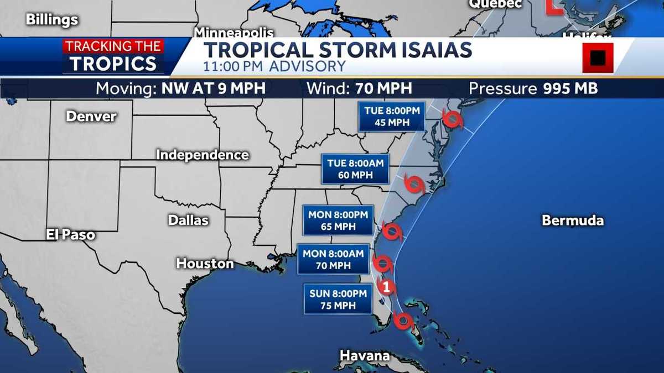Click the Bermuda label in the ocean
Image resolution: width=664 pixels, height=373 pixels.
click(x=573, y=220)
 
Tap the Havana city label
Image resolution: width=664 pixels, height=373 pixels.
click(x=365, y=355)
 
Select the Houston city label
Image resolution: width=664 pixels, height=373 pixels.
click(x=205, y=264)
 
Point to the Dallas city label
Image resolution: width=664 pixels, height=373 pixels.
click(x=188, y=220)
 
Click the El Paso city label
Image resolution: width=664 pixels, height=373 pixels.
click(x=70, y=235)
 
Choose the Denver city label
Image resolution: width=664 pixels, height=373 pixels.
click(x=91, y=116)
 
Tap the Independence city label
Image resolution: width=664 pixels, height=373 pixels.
click(x=202, y=155)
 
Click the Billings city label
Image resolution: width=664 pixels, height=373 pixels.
click(x=52, y=20)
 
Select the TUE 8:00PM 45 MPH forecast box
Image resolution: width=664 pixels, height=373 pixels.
click(x=392, y=117)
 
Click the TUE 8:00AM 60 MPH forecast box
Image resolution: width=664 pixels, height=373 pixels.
click(x=355, y=169)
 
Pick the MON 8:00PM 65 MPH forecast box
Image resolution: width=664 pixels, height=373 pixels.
click(x=338, y=220)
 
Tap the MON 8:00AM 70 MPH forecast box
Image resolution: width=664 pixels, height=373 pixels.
click(x=333, y=259)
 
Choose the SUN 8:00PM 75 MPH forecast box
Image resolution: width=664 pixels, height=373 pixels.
click(x=338, y=299)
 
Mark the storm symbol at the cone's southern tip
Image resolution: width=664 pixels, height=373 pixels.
click(x=403, y=321)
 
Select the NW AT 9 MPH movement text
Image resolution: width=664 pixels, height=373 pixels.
click(x=214, y=88)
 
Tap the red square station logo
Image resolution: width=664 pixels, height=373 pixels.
click(x=598, y=57)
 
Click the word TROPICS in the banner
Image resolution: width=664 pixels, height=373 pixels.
click(x=113, y=64)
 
